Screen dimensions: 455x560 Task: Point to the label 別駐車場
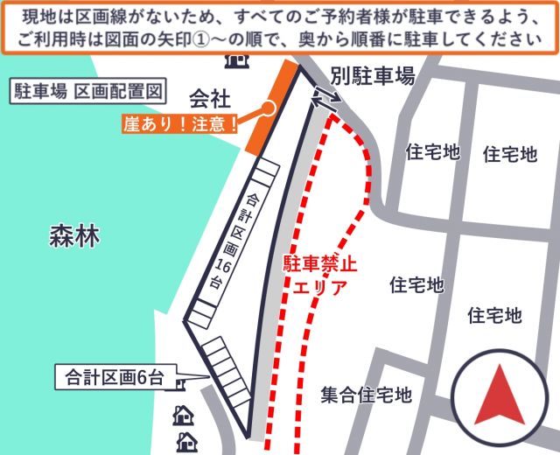pos(373,77)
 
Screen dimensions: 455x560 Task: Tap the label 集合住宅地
pos(366,395)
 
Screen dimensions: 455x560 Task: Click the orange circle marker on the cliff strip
pos(269,108)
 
